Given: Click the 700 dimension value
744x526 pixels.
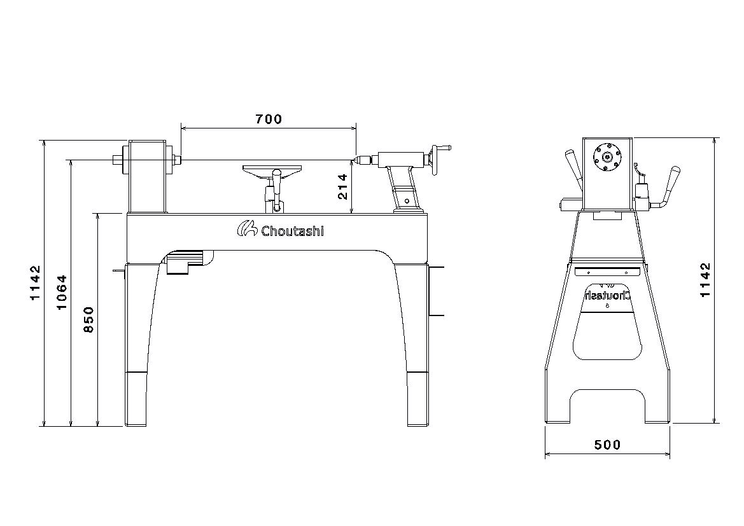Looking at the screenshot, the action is pyautogui.click(x=269, y=119).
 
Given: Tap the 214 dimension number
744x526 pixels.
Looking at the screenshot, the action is pyautogui.click(x=342, y=187).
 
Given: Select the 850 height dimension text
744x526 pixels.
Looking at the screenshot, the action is pyautogui.click(x=88, y=320).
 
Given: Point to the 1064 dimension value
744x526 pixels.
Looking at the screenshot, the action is pyautogui.click(x=62, y=292).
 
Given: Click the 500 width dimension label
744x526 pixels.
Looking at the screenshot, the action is pyautogui.click(x=607, y=445).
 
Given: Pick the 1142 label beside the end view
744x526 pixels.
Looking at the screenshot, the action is pyautogui.click(x=706, y=280).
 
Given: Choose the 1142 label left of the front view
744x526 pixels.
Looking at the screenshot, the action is pyautogui.click(x=36, y=282).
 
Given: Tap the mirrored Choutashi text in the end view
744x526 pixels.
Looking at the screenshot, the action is pyautogui.click(x=607, y=296).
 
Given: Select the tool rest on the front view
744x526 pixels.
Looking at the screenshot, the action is pyautogui.click(x=272, y=170).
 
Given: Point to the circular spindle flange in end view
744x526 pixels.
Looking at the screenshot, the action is pyautogui.click(x=607, y=157).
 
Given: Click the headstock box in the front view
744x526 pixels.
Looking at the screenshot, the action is pyautogui.click(x=148, y=177).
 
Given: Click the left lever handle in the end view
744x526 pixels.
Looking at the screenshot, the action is pyautogui.click(x=573, y=169).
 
